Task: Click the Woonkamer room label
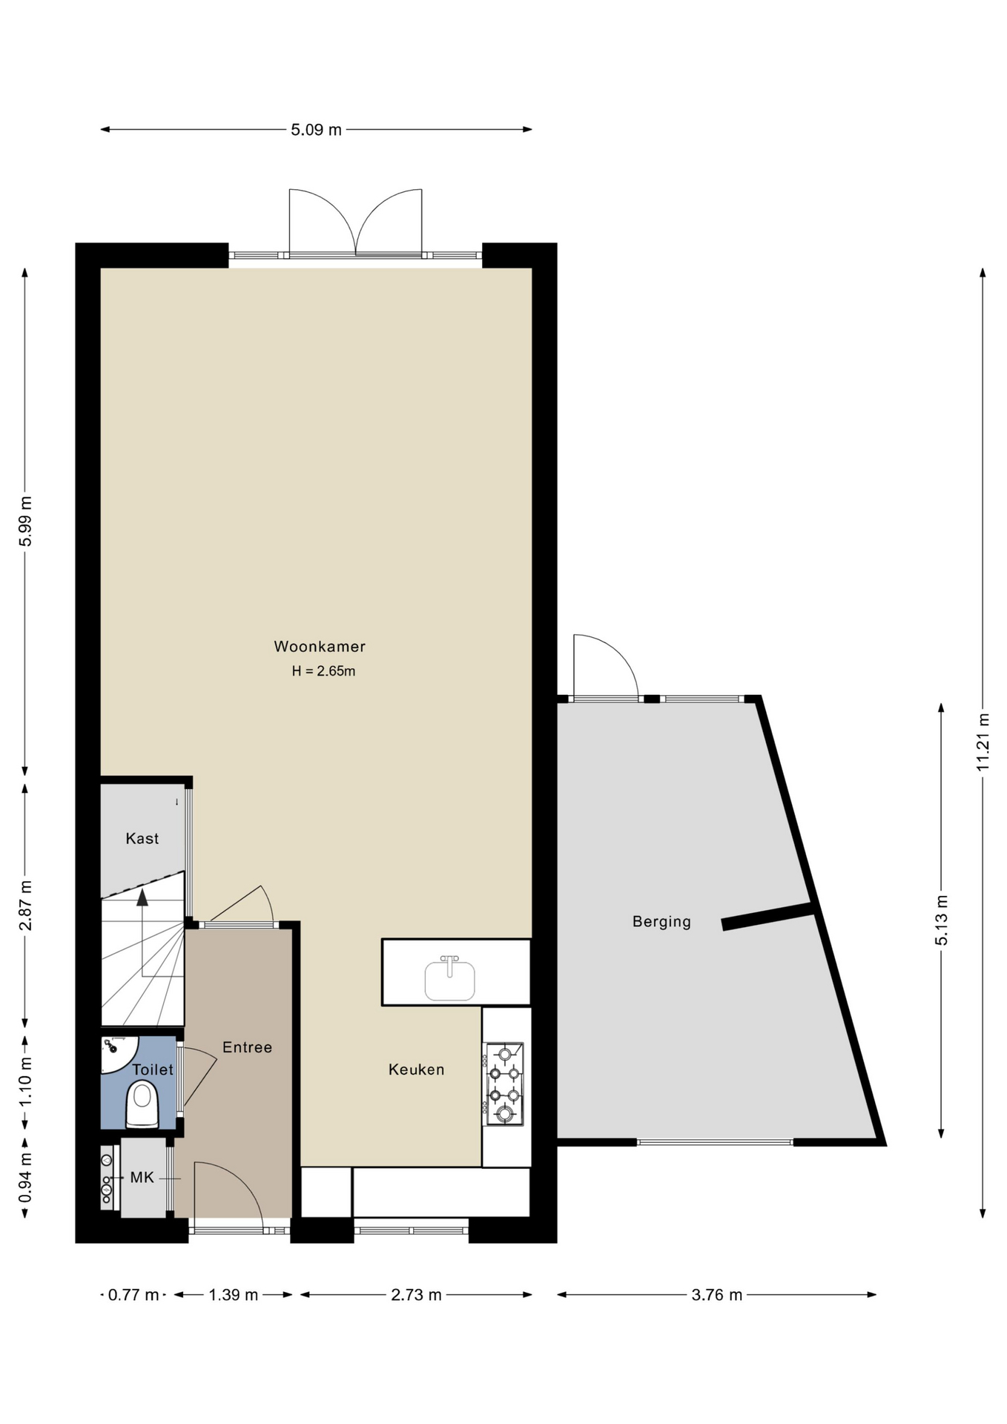[320, 646]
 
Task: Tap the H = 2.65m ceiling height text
[323, 671]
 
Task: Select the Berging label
[661, 922]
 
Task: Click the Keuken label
[417, 1069]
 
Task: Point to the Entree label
[248, 1047]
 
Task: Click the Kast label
[142, 839]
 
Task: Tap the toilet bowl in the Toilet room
[142, 1104]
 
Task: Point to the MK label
[142, 1178]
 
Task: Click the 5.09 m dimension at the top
[317, 130]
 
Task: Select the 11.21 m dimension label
[983, 742]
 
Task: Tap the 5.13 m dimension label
[942, 920]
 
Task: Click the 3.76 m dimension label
[717, 1295]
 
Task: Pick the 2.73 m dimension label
[417, 1295]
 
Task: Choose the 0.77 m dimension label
[133, 1295]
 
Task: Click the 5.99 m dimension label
[25, 521]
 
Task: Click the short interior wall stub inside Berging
[768, 917]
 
